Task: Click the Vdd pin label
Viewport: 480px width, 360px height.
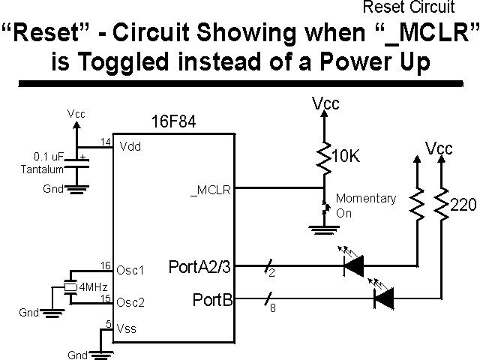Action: coord(130,147)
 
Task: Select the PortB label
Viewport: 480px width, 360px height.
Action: coord(211,301)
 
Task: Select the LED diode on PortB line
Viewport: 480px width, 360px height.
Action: coord(384,300)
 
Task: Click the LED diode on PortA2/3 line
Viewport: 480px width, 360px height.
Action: coord(353,265)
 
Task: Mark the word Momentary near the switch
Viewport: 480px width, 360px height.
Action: coord(365,199)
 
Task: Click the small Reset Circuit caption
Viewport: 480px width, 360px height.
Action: coord(409,8)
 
